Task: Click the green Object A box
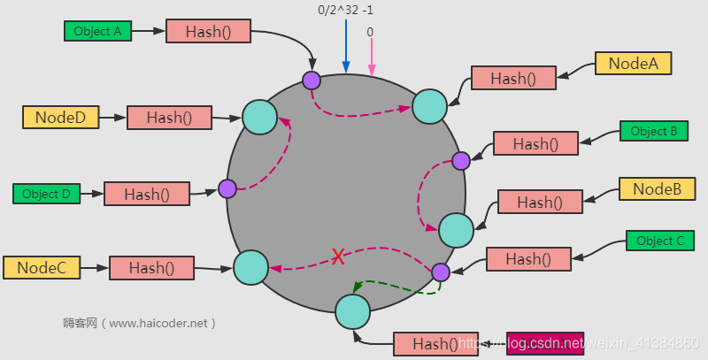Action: (97, 31)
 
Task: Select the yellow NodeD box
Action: (60, 117)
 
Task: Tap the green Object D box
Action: (46, 194)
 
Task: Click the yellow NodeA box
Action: (633, 63)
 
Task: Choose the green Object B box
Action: (654, 131)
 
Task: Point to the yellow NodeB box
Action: (657, 188)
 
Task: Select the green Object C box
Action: (660, 241)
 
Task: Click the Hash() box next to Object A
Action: (209, 31)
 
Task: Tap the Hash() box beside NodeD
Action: (169, 117)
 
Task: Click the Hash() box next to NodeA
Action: (513, 78)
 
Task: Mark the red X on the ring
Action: (337, 257)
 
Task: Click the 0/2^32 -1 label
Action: (346, 11)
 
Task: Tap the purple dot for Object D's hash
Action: (227, 188)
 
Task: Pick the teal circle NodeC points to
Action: (250, 265)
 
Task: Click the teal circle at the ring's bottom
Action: (352, 311)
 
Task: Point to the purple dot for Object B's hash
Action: (461, 160)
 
